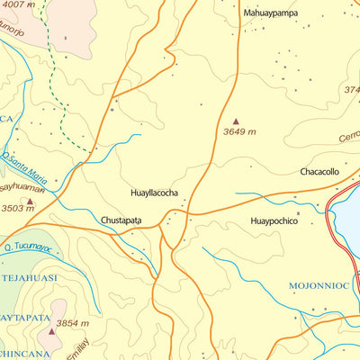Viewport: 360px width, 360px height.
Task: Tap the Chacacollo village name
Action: pos(319,171)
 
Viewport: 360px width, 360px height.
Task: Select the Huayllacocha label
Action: pos(154,193)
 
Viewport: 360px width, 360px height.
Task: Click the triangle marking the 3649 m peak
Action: pos(237,121)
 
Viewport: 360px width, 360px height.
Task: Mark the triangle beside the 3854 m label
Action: pos(51,331)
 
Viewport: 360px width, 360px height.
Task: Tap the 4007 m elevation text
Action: pos(19,5)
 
